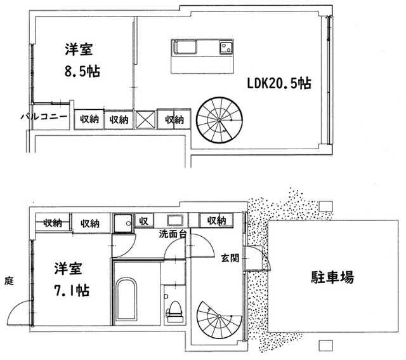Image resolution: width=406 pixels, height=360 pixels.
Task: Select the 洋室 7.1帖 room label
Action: (70, 279)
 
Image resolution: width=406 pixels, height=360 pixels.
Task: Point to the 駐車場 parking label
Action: (332, 277)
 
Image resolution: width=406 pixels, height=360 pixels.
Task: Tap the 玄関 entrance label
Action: (230, 258)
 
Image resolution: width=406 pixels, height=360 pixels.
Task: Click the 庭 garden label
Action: (8, 280)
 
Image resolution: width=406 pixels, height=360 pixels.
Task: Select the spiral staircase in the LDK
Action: (219, 119)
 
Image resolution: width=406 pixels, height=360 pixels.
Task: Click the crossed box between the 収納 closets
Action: (145, 119)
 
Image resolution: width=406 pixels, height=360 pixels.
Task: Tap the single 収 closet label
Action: (143, 222)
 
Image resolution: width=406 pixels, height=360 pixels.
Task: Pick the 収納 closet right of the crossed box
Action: (174, 119)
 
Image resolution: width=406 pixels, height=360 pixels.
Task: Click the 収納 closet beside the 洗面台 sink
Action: (217, 221)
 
